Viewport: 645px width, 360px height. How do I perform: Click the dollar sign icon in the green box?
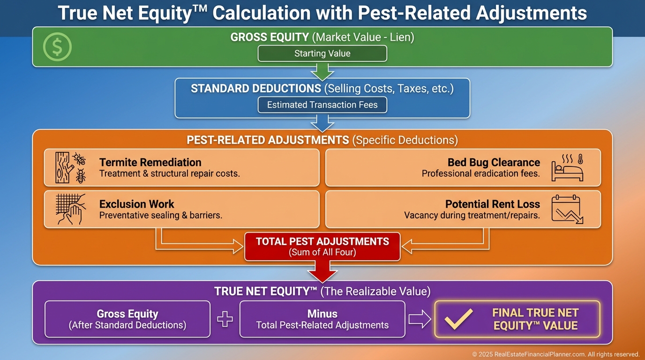[57, 47]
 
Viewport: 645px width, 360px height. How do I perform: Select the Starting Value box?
[322, 53]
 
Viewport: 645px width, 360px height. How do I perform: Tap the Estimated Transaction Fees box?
[322, 105]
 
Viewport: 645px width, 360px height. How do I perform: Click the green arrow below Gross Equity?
[322, 72]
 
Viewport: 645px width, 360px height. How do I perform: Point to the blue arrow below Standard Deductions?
[322, 124]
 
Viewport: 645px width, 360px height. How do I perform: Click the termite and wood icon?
[70, 168]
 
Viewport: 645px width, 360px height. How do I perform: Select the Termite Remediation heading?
[150, 163]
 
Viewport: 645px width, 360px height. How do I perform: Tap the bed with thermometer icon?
[567, 168]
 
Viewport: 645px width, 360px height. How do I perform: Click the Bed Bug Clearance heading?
[494, 163]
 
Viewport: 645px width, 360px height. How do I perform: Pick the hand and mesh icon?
[70, 209]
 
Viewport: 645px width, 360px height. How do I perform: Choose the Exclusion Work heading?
[137, 204]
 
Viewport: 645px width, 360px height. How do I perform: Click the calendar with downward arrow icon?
[567, 209]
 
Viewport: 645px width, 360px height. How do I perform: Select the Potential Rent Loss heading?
[493, 204]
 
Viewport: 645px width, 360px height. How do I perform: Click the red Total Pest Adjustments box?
[322, 247]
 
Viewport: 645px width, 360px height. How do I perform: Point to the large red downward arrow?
[322, 271]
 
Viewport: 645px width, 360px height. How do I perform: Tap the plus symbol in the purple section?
[225, 319]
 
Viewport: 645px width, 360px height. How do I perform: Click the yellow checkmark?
[459, 319]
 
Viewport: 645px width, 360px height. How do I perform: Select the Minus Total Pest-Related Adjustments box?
[322, 319]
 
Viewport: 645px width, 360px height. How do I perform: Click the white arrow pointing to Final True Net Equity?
[420, 319]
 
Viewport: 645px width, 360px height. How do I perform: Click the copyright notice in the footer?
[555, 354]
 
